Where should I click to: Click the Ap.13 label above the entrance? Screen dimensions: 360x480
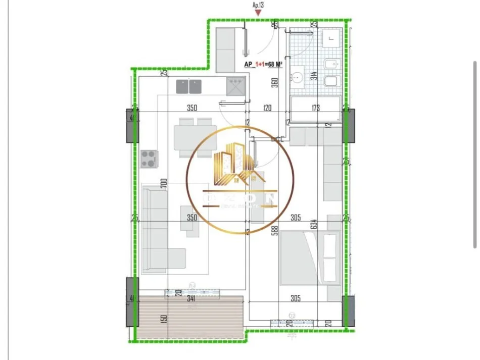258,5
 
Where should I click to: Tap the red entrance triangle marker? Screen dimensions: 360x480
258,13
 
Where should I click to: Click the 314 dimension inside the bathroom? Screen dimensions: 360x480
314,76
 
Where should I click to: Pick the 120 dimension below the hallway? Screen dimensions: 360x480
267,108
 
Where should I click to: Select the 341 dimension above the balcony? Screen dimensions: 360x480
191,298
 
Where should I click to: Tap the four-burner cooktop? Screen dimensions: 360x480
149,159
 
